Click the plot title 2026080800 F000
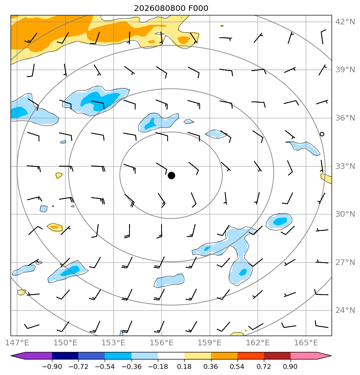pos(171,9)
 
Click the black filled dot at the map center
pos(171,176)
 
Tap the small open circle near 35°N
pos(322,134)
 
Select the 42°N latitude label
pos(345,22)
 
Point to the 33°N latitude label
pos(345,166)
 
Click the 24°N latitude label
pos(345,310)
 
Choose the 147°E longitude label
pos(17,343)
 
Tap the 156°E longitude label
pos(162,343)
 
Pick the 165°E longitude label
pos(306,343)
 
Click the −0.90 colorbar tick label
pos(52,366)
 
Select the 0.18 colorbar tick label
pos(184,366)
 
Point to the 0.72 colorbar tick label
pos(263,366)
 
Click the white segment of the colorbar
pos(171,356)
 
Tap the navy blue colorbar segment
pos(65,356)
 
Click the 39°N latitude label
pos(345,69)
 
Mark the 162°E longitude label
pos(258,343)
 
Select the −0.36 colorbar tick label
pos(131,366)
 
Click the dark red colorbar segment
pos(277,356)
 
